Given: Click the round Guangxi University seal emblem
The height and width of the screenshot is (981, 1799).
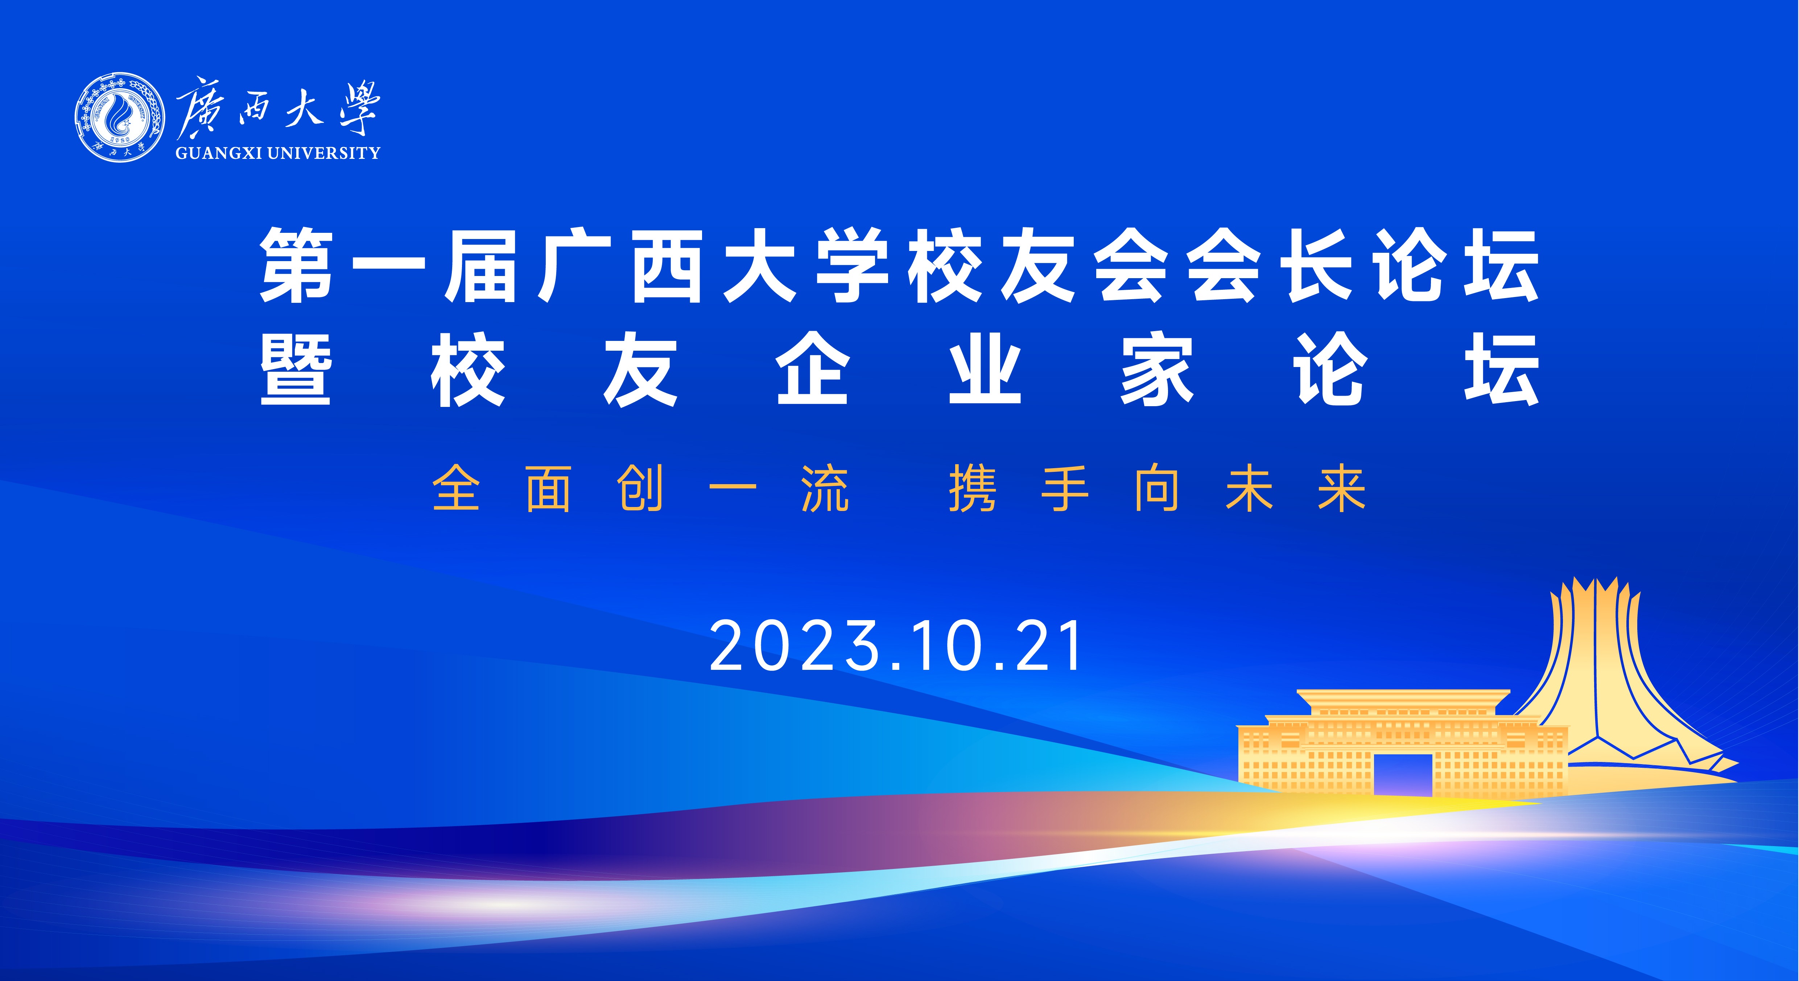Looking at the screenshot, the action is [x=120, y=117].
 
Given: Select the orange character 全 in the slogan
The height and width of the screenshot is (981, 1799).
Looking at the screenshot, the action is [x=457, y=489].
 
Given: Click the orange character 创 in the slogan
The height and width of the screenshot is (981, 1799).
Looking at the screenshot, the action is [x=640, y=489].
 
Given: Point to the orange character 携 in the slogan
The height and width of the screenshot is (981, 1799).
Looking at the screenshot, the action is [x=973, y=489].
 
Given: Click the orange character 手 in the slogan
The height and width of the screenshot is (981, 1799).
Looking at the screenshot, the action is [x=1065, y=489].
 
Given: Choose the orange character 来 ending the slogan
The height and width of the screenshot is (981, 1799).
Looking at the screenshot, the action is [x=1342, y=489].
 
